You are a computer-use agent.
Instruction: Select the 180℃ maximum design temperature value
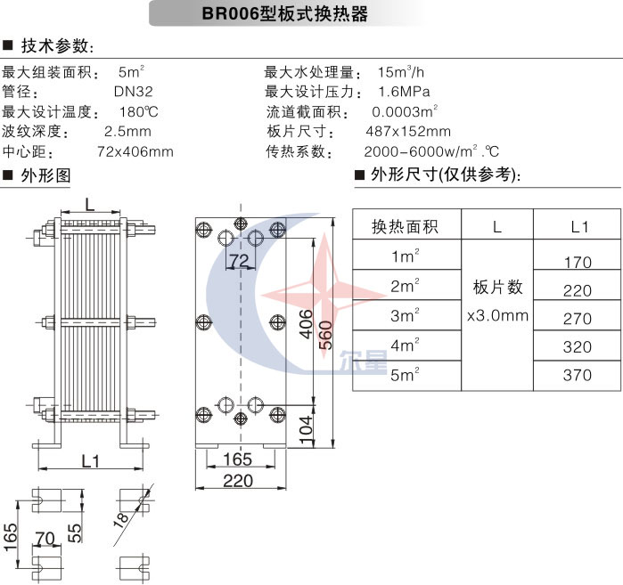(138, 112)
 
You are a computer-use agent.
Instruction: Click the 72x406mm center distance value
(135, 151)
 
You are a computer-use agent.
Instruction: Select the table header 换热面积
(406, 226)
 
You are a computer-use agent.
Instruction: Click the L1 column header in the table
(579, 226)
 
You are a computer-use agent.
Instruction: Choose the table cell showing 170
(578, 263)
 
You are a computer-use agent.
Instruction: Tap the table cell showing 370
(578, 375)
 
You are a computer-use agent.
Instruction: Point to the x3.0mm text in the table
(497, 315)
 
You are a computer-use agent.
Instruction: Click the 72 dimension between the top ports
(238, 260)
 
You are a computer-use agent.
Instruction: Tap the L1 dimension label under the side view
(89, 461)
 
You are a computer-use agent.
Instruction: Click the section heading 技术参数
(55, 45)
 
